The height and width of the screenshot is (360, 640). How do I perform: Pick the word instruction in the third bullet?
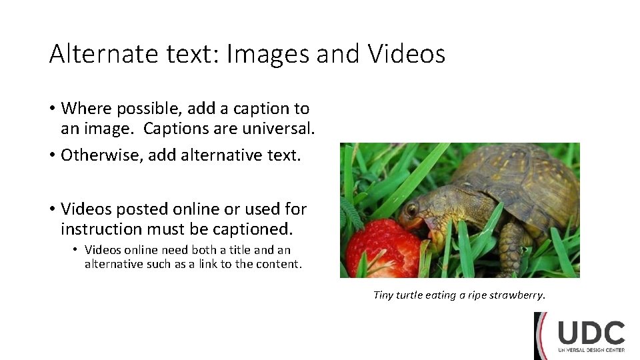[104, 229]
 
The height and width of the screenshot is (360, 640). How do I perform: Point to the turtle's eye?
[411, 209]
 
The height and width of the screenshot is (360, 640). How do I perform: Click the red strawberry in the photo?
[383, 249]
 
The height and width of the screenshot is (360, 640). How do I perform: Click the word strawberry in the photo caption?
[517, 295]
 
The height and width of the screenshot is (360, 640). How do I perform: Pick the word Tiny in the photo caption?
[383, 295]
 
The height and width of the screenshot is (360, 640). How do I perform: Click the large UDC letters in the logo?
[591, 333]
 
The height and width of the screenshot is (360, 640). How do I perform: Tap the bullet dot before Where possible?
[52, 109]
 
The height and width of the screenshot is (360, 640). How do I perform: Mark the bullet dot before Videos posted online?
[52, 209]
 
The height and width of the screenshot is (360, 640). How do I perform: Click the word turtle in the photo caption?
[409, 295]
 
